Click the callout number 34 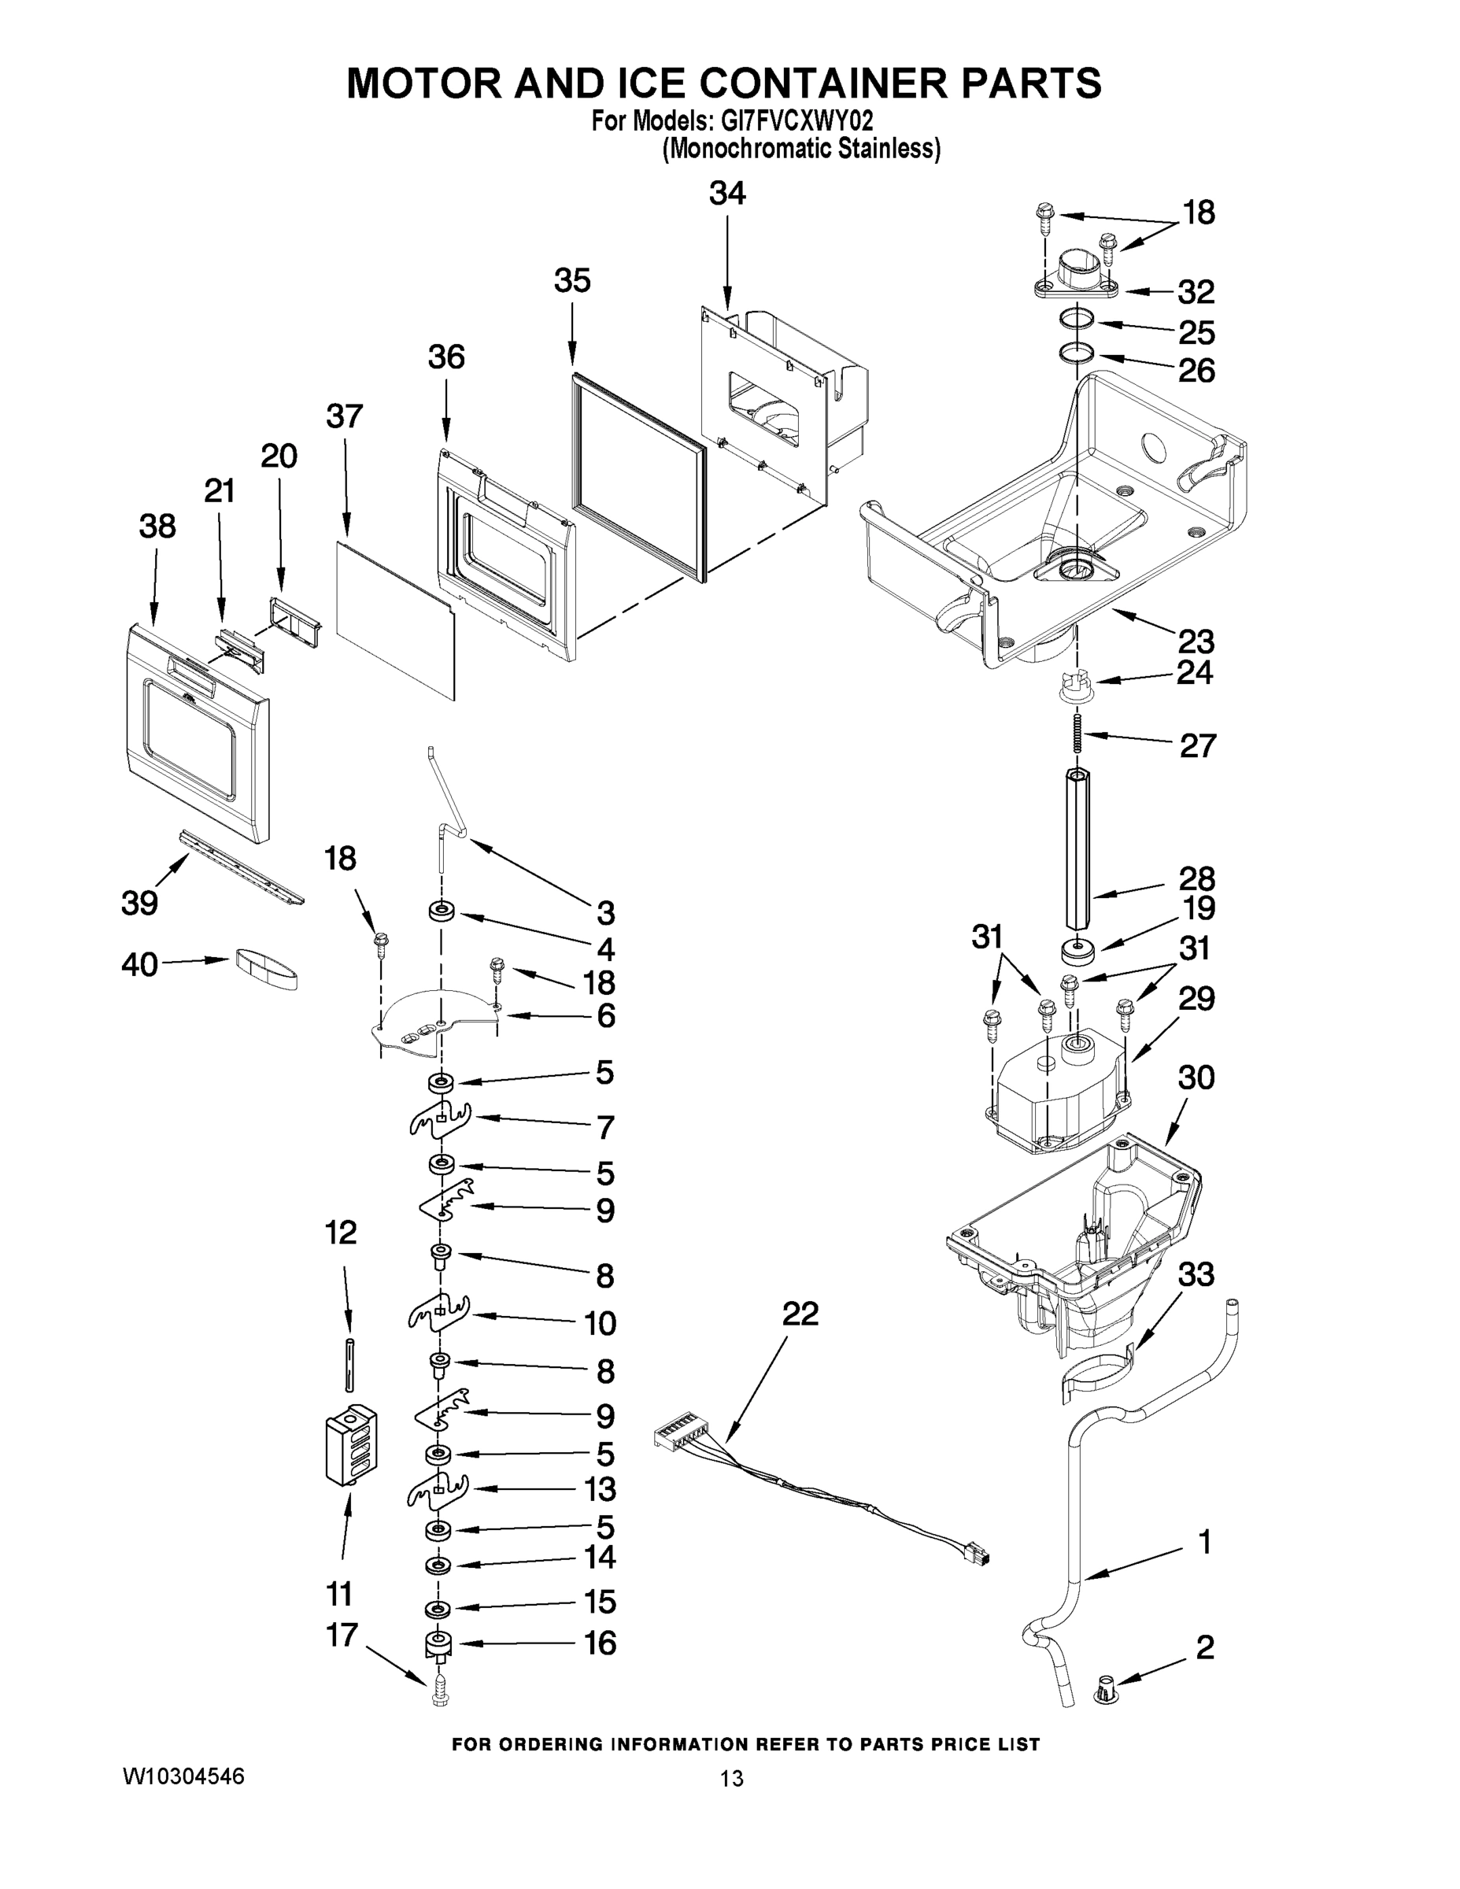click(726, 194)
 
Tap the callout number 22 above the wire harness click(800, 1314)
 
